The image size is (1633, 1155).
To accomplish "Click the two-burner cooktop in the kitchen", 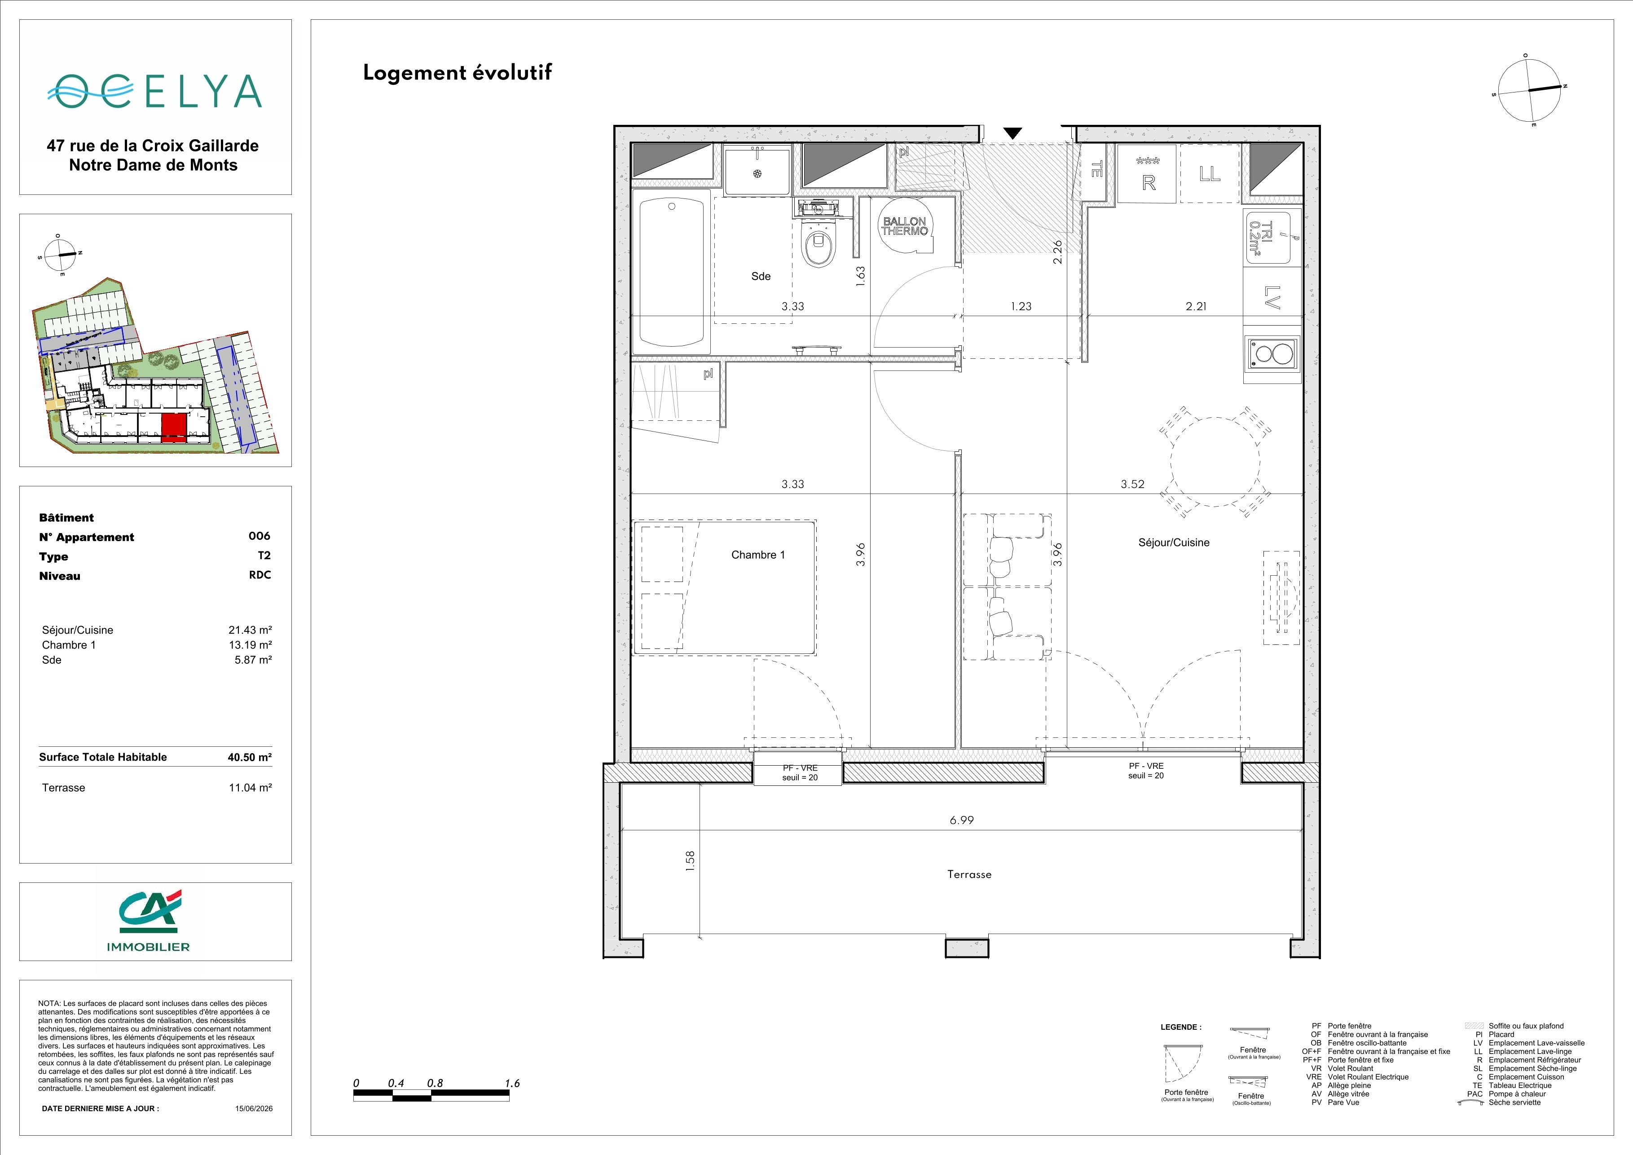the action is coord(1272,354).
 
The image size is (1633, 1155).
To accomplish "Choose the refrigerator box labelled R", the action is coord(1148,173).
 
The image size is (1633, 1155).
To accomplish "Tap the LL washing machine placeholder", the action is coord(1209,173).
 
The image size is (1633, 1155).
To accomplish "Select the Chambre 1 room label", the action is coord(758,555).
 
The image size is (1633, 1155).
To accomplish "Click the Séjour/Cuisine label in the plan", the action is coord(1174,542).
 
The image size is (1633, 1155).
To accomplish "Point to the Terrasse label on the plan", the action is coord(968,874).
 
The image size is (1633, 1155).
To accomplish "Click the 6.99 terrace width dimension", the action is coord(962,820).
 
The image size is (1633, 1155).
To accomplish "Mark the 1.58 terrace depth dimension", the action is coord(689,861).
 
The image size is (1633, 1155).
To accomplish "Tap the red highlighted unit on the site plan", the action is coord(174,428).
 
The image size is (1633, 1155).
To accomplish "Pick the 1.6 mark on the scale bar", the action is coord(512,1083).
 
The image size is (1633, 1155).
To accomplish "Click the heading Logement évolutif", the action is coord(458,73).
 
